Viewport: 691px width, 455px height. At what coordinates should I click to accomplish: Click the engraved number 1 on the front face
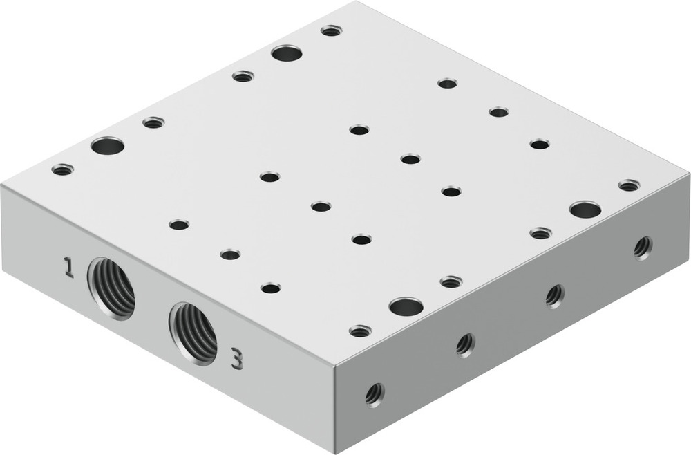[x=68, y=267]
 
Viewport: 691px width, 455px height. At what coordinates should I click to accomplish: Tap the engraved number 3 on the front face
[x=236, y=359]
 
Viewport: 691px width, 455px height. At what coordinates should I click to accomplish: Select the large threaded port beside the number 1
[x=111, y=288]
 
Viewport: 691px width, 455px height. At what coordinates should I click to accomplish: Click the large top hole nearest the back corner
[x=287, y=53]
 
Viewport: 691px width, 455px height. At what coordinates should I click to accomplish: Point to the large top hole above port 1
[x=107, y=146]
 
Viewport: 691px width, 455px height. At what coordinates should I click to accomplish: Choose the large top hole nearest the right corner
[x=585, y=209]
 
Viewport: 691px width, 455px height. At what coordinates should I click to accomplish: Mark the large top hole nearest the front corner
[x=406, y=306]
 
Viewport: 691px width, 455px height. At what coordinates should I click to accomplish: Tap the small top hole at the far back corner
[x=332, y=30]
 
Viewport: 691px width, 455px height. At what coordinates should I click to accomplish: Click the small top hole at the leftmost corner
[x=62, y=169]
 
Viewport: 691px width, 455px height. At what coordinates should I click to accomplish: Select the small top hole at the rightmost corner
[x=629, y=185]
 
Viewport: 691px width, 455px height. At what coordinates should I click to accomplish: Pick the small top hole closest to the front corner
[x=360, y=331]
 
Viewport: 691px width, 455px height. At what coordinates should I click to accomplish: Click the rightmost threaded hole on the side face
[x=643, y=246]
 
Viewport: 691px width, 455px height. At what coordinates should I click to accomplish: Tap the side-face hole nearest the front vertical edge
[x=375, y=394]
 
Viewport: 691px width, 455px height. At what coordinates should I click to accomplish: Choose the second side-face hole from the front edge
[x=466, y=343]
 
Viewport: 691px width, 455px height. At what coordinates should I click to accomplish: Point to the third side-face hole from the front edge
[x=554, y=295]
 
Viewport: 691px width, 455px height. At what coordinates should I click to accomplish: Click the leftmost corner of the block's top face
[x=2, y=185]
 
